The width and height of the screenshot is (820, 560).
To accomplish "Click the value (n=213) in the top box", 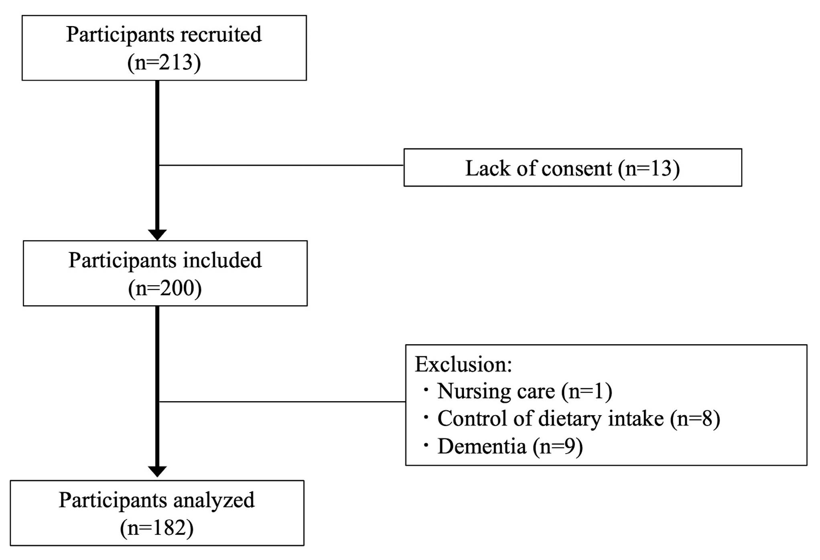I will pos(164,63).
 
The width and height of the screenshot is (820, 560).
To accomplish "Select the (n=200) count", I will pos(165,288).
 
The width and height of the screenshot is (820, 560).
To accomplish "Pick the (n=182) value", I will pos(157,528).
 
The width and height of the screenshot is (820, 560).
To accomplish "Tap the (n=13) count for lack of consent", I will pos(649,168).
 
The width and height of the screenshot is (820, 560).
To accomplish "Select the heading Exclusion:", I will pos(463,365).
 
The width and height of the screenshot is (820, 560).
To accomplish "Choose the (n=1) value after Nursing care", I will pos(587,392).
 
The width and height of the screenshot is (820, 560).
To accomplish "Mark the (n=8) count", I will pos(695,419).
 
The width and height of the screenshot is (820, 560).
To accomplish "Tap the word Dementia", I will pos(481,446).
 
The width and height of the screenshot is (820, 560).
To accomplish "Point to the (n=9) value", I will pos(558,446).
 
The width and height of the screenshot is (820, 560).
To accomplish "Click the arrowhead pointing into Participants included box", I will pos(157,234).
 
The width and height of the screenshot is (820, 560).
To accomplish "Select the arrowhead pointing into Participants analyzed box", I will pos(157,471).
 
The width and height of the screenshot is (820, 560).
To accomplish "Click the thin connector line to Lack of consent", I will pos(281,165).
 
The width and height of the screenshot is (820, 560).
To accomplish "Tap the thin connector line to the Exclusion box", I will pos(281,402).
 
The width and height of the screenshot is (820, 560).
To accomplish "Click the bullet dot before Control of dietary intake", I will pos(426,418).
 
